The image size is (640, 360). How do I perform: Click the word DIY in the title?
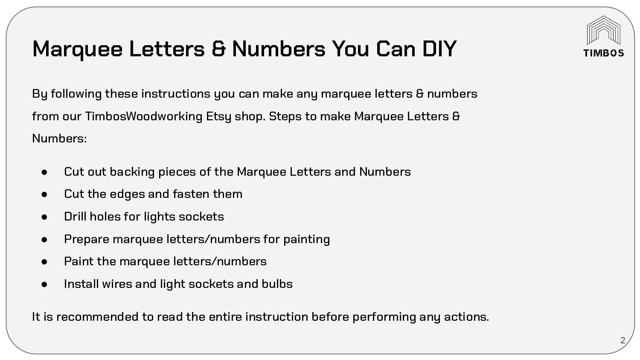pos(439,48)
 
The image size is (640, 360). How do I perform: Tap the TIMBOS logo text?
pos(603,53)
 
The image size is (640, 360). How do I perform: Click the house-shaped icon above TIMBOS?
pos(603,30)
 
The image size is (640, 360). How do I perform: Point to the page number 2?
pos(623,340)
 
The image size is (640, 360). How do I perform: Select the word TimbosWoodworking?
pos(143,116)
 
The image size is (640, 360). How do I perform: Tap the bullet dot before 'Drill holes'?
pos(44,217)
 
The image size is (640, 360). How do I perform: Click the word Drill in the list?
pos(75,216)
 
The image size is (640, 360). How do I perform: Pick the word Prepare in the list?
pos(87,239)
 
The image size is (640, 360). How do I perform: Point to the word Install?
pos(81,284)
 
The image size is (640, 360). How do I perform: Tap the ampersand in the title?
pos(218,48)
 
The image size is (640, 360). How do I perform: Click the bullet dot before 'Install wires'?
pos(44,284)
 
